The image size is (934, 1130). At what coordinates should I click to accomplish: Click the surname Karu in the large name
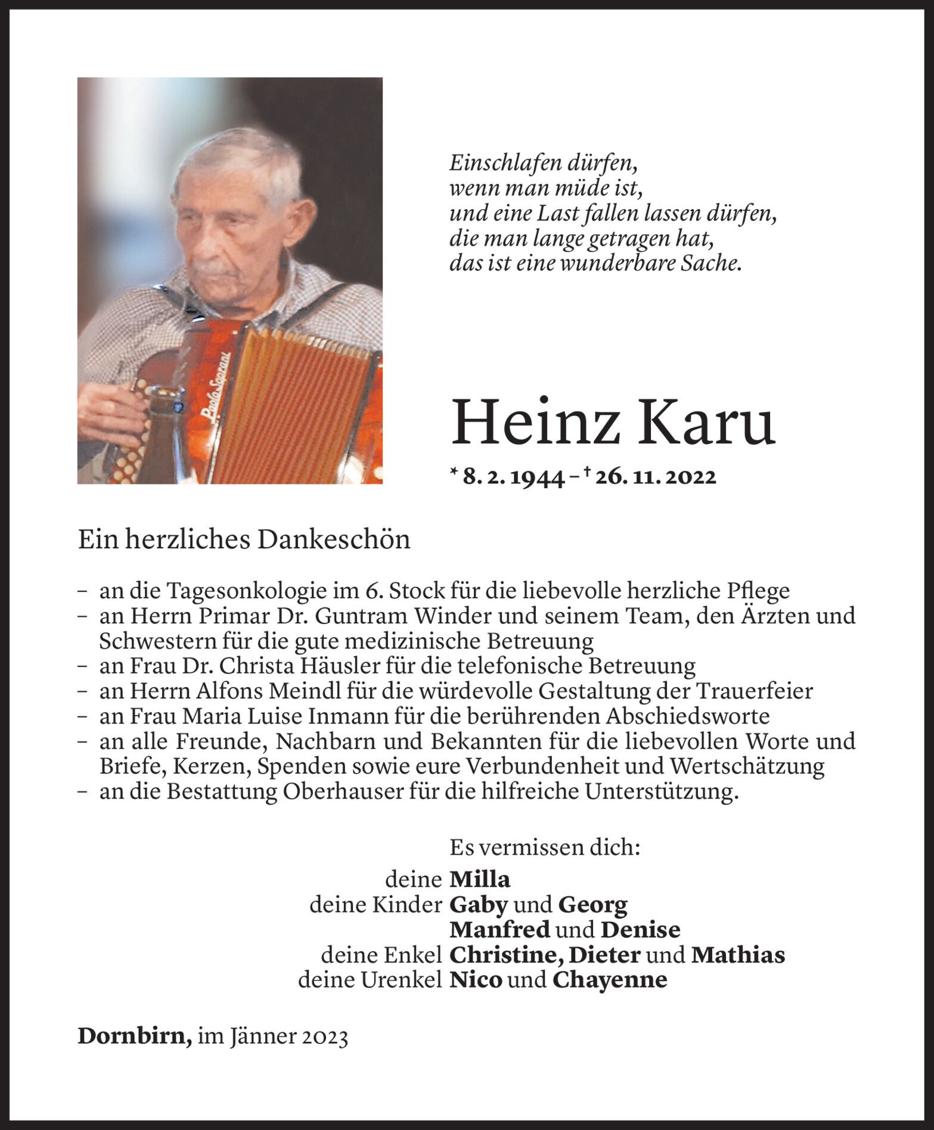coord(708,422)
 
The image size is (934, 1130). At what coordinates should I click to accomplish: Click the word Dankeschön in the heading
coord(334,540)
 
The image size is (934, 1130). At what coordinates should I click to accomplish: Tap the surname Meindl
coord(306,691)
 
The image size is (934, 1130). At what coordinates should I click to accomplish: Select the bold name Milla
coord(480,879)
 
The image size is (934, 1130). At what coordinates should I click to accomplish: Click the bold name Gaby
coord(478,905)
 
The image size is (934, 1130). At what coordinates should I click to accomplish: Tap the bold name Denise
coord(640,930)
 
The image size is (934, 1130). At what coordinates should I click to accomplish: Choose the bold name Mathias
coord(738,955)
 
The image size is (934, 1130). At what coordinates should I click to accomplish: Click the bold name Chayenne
coord(609,980)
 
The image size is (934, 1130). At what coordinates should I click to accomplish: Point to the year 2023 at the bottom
coord(324,1037)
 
